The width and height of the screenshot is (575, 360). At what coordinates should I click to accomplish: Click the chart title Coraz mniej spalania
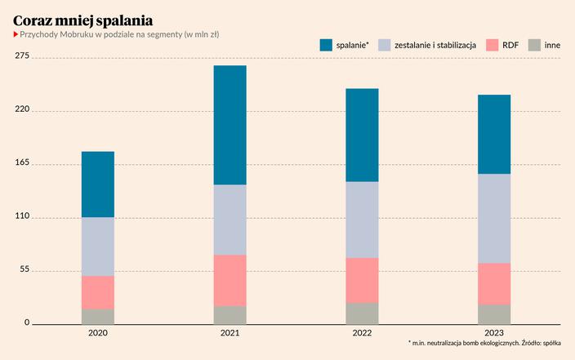click(82, 19)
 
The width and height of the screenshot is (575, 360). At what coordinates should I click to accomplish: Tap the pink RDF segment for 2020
click(98, 292)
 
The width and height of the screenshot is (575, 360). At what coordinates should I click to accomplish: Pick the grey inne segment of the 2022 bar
click(362, 313)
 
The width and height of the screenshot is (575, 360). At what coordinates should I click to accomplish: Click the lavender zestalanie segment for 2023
click(494, 218)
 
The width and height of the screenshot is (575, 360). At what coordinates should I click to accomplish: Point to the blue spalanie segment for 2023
click(494, 134)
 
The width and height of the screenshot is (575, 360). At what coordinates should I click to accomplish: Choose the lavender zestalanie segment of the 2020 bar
click(98, 247)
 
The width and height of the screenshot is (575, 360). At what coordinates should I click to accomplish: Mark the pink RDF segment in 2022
click(362, 280)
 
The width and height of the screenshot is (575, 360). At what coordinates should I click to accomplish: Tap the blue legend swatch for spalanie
click(326, 45)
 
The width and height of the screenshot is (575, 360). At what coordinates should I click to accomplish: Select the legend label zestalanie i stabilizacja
click(435, 45)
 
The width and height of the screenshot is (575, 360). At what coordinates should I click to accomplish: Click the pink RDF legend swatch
click(492, 45)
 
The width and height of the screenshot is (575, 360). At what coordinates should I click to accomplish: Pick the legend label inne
click(552, 45)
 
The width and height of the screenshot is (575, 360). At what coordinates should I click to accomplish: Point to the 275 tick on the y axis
click(22, 56)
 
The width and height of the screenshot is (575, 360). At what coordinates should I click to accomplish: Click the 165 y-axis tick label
click(22, 163)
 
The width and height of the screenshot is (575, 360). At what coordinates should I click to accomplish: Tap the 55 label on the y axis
click(25, 269)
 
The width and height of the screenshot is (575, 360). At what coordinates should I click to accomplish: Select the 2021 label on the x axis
click(230, 333)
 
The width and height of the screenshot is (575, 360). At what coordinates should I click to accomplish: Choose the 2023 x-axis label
click(494, 333)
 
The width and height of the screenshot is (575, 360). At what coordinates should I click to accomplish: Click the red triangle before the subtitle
click(16, 34)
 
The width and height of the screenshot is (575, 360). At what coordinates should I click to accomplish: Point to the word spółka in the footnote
click(551, 344)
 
